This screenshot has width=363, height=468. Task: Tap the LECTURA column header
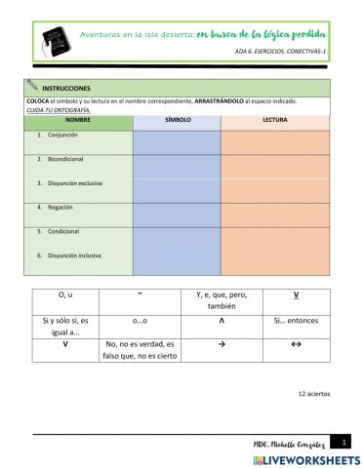point(276,120)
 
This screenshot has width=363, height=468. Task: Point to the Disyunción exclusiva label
point(75,183)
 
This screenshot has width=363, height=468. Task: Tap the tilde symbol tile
point(141,293)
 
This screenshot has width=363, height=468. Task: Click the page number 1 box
point(335,442)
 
